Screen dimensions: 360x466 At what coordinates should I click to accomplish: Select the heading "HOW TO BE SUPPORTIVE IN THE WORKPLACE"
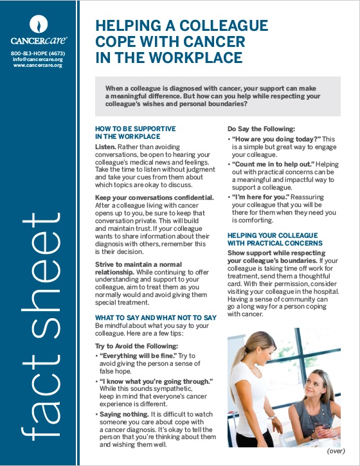[135, 132]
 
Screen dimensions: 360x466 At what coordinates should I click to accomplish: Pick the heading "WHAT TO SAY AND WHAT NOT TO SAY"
[155, 318]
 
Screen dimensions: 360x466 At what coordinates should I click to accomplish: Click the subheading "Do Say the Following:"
[260, 129]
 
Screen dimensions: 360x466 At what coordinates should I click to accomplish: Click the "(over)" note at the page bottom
[336, 451]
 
